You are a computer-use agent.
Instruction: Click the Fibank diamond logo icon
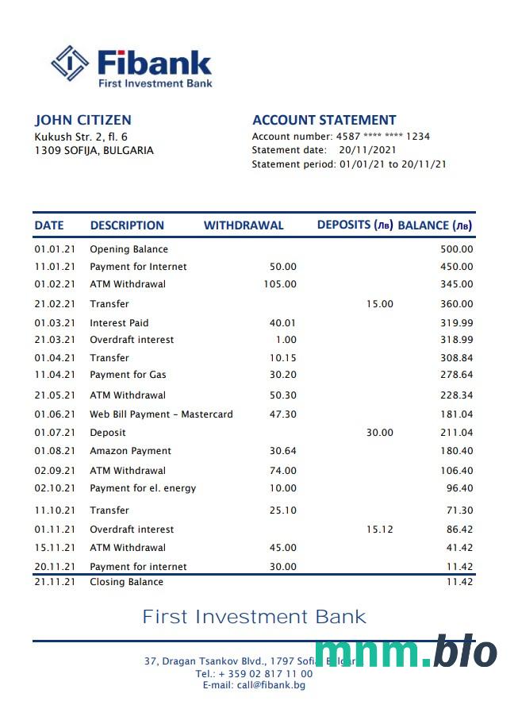(x=69, y=64)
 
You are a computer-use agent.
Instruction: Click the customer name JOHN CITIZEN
(x=82, y=120)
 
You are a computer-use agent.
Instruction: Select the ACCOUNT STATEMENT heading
(x=324, y=120)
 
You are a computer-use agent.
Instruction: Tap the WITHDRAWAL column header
(x=243, y=225)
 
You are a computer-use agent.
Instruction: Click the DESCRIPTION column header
(x=127, y=225)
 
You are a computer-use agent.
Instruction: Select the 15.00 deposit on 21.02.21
(x=379, y=304)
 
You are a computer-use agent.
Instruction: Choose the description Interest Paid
(x=119, y=323)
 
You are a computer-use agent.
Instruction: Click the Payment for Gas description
(x=128, y=375)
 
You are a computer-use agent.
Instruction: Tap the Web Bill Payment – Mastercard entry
(x=161, y=414)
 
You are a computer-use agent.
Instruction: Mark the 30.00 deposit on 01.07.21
(x=379, y=433)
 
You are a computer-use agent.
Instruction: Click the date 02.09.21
(x=55, y=471)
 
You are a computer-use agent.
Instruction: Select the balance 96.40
(x=459, y=488)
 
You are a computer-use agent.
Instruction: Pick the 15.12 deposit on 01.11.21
(x=379, y=530)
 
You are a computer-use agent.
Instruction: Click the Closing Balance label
(x=126, y=582)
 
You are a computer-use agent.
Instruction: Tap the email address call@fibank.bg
(x=254, y=685)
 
